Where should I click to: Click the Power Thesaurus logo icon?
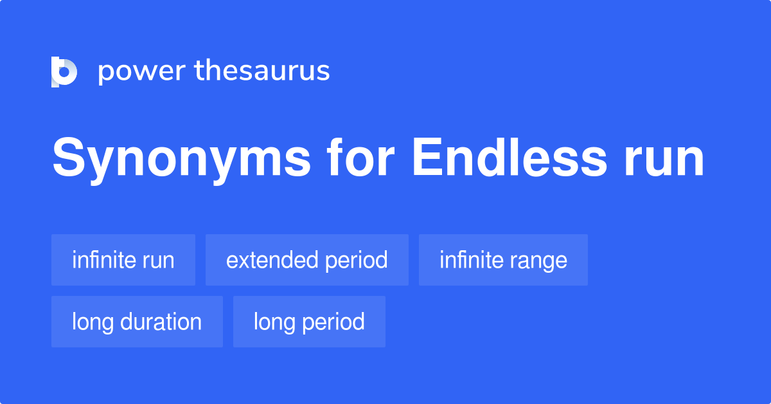64,71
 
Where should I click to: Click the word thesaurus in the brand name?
262,71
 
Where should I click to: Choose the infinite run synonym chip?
123,260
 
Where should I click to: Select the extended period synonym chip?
306,260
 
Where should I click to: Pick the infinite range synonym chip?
503,260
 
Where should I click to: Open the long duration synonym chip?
137,322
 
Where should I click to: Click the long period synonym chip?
309,322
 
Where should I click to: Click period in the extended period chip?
356,260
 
